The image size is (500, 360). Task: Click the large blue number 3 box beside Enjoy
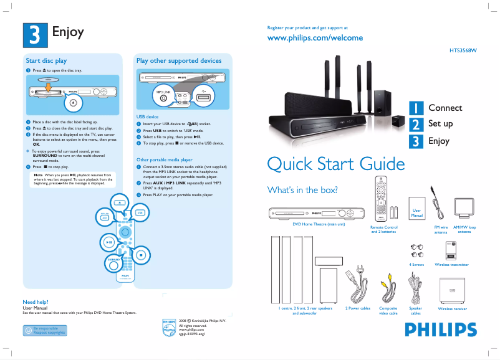pyautogui.click(x=36, y=34)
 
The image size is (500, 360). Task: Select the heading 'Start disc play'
pyautogui.click(x=46, y=61)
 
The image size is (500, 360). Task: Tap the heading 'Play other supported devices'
pyautogui.click(x=179, y=61)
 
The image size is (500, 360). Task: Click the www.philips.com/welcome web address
pyautogui.click(x=314, y=38)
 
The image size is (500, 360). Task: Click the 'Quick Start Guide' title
pyautogui.click(x=335, y=164)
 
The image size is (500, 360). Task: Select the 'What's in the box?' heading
pyautogui.click(x=302, y=189)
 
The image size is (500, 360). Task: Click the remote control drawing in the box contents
pyautogui.click(x=380, y=200)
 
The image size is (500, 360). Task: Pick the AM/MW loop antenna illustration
pyautogui.click(x=464, y=209)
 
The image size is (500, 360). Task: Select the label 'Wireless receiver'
pyautogui.click(x=452, y=309)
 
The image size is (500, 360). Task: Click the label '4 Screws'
pyautogui.click(x=416, y=265)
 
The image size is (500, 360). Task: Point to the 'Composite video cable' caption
pyautogui.click(x=388, y=310)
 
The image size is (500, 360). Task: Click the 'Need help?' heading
pyautogui.click(x=37, y=302)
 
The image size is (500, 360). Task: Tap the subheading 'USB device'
pyautogui.click(x=148, y=116)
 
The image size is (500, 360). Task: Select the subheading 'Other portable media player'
pyautogui.click(x=165, y=160)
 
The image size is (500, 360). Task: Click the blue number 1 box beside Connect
pyautogui.click(x=416, y=108)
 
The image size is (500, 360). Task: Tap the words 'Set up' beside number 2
pyautogui.click(x=440, y=124)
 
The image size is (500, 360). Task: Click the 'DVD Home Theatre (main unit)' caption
pyautogui.click(x=319, y=224)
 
